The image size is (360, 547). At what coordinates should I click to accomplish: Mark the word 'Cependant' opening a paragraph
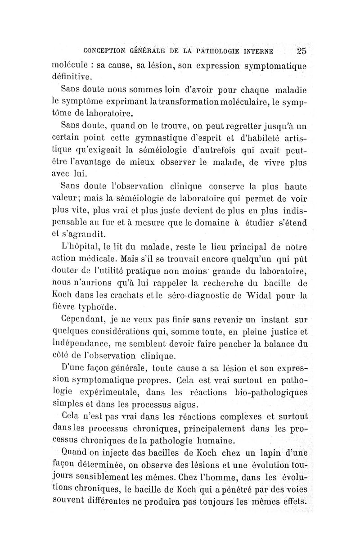coord(82,320)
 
